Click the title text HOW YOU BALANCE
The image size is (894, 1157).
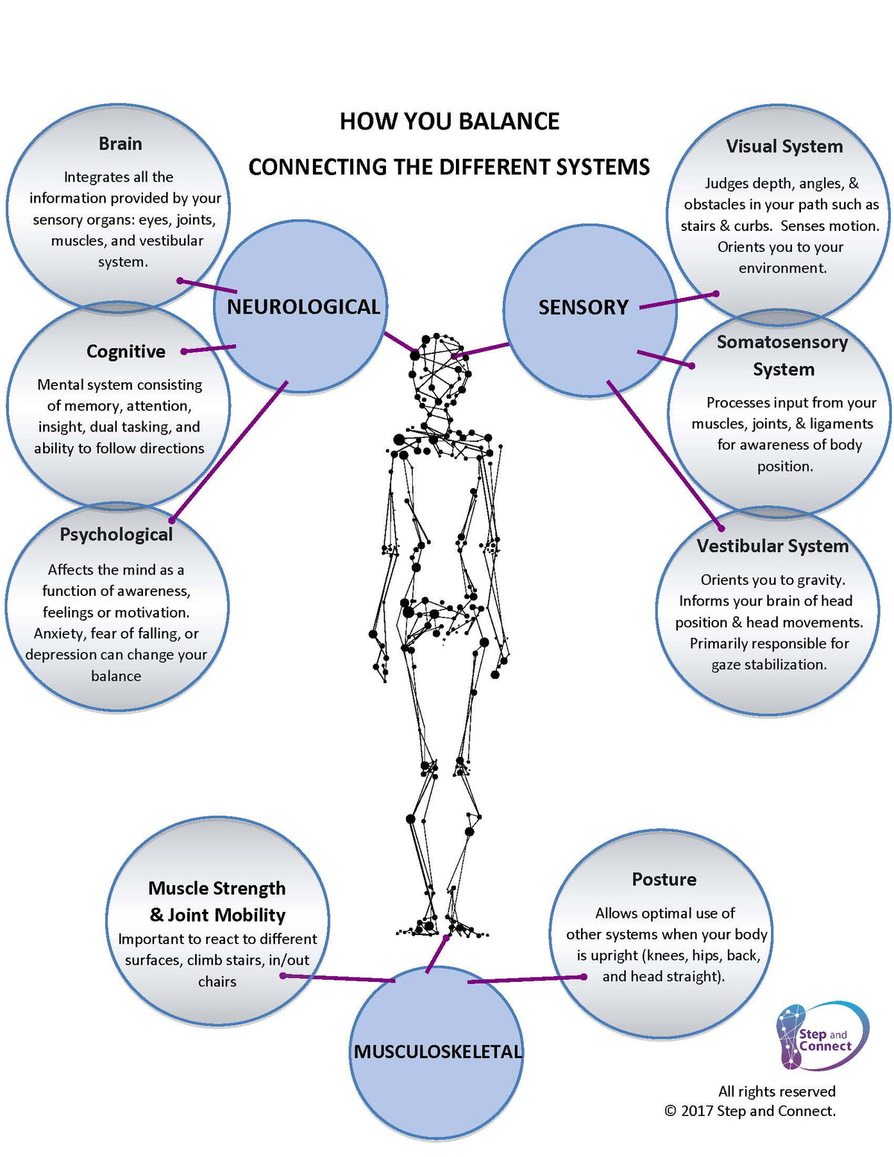pos(449,121)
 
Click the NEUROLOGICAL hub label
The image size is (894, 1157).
pos(303,307)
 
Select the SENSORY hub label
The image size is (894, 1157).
pos(583,307)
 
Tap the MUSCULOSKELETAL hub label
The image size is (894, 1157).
pos(438,1051)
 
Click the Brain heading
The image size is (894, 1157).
pos(120,144)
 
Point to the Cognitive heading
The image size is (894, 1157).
pos(126,352)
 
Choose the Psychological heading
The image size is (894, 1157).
pos(116,534)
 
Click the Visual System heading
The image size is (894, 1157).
pos(784,147)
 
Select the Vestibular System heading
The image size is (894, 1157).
pos(773,546)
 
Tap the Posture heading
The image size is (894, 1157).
pos(664,879)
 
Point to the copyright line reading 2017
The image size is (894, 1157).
pos(749,1111)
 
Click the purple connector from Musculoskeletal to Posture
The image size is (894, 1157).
pos(525,979)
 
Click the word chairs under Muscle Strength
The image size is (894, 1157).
pos(217,982)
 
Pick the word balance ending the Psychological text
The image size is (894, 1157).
pos(115,676)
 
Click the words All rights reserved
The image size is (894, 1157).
pos(776,1091)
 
